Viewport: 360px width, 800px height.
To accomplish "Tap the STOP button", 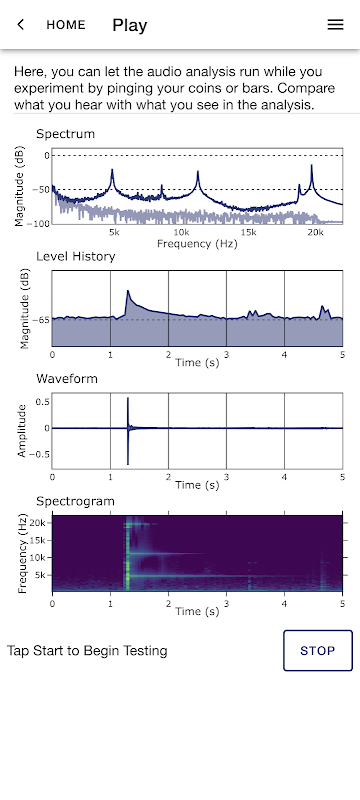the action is [318, 651].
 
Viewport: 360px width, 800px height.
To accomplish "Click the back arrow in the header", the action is [20, 24].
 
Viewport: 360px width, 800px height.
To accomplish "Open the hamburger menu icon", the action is [335, 24].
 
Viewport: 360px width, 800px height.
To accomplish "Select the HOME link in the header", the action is [66, 25].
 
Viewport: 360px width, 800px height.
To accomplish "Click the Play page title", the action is [130, 25].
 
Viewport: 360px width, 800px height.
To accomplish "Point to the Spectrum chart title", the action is [65, 134].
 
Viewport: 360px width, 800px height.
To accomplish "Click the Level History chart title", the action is [75, 256].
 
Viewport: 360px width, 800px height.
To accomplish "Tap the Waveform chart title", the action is [67, 379].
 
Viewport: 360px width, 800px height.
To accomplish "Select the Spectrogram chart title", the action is [75, 502].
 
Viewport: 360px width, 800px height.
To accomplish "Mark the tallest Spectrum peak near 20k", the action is [311, 165].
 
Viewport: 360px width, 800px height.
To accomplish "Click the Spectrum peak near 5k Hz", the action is [112, 170].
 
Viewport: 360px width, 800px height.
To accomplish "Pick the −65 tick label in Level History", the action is [41, 320].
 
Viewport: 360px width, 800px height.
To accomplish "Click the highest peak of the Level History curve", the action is [128, 291].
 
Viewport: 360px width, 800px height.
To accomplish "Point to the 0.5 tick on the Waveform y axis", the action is [43, 402].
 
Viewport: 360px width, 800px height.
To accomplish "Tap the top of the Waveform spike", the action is [127, 398].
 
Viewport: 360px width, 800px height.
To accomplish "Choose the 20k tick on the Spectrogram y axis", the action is [41, 523].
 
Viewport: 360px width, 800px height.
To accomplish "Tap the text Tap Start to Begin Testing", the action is [87, 651].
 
